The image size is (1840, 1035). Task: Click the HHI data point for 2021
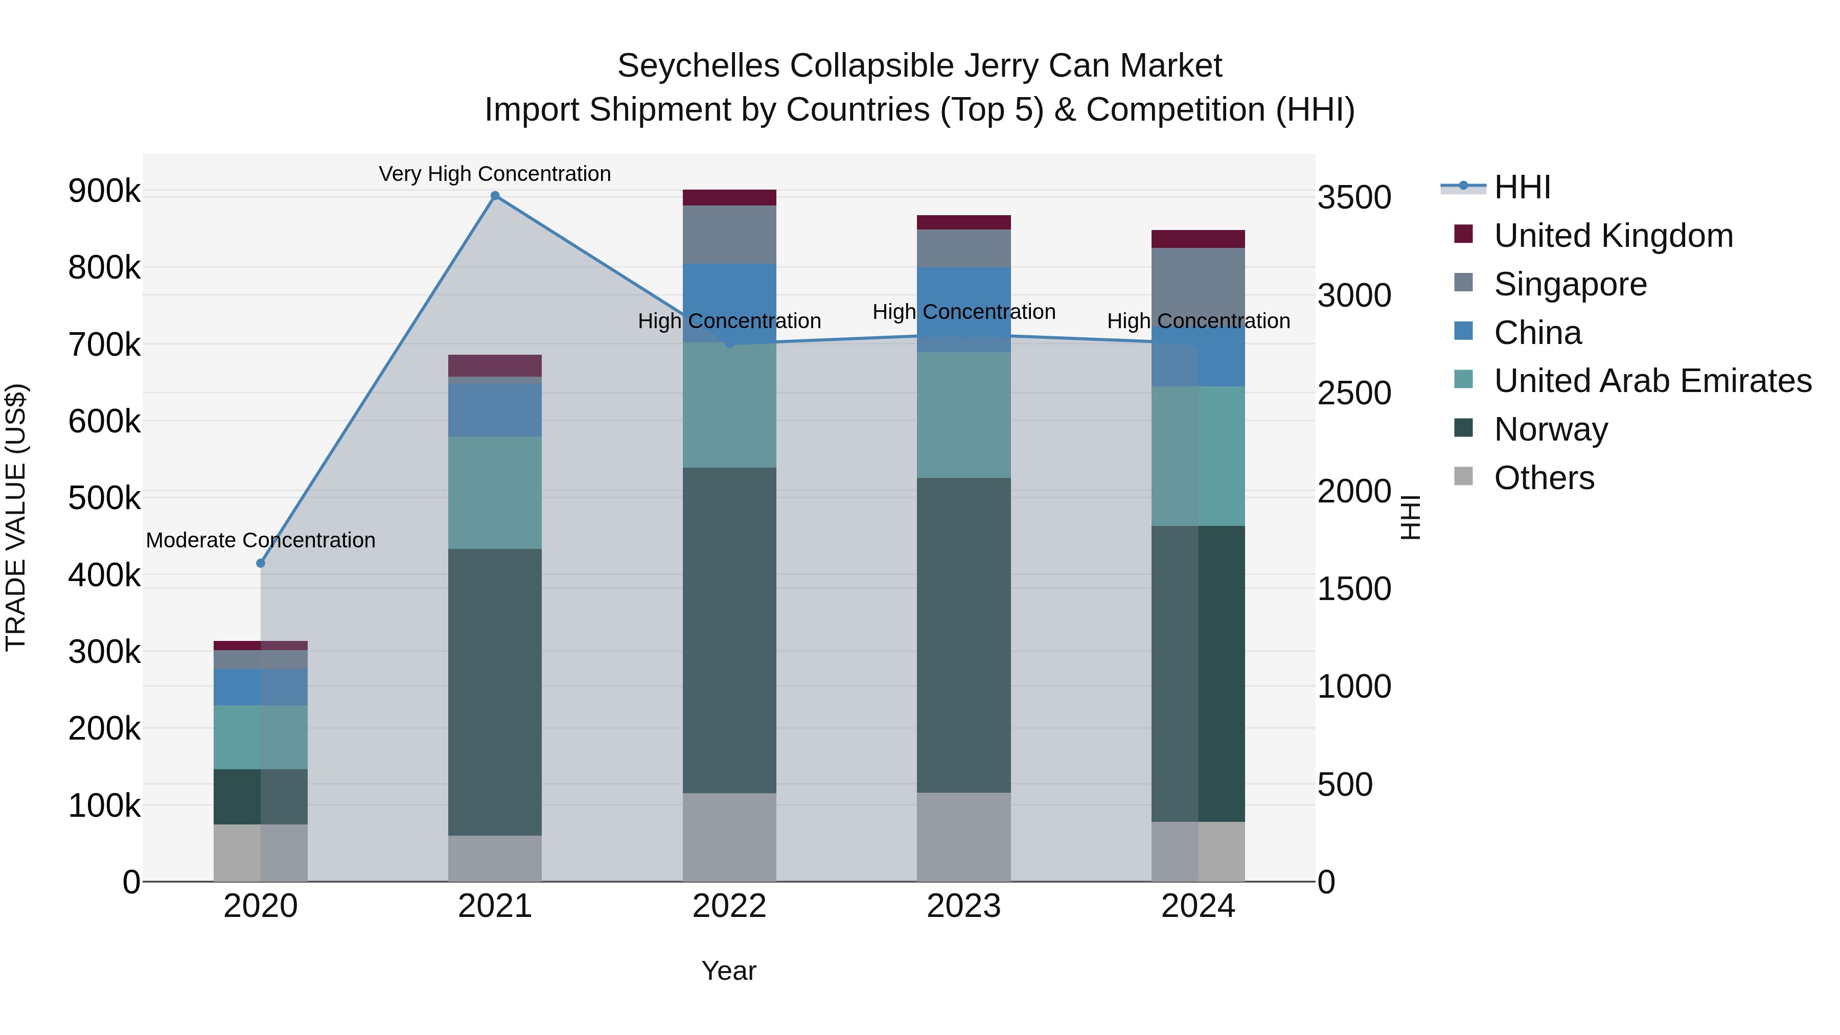tap(495, 196)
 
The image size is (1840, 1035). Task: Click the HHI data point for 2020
tap(261, 563)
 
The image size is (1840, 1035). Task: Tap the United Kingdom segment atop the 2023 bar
tap(963, 222)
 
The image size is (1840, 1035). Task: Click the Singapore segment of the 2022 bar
tap(729, 234)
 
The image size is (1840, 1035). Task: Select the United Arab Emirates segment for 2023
tap(963, 415)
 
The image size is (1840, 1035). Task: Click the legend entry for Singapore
tap(1570, 284)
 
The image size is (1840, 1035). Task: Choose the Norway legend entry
tap(1551, 429)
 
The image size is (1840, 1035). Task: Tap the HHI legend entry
tap(1522, 187)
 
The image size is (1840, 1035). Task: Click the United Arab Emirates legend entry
tap(1652, 381)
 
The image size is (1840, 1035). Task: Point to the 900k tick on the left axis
tap(104, 192)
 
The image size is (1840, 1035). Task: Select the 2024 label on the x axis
tap(1198, 906)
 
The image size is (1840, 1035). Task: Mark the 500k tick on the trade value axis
tap(104, 498)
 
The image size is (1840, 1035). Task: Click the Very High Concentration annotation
tap(495, 174)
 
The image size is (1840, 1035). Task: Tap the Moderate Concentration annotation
tap(261, 540)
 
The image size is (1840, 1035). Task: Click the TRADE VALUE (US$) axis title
tap(16, 517)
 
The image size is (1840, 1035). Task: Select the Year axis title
tap(728, 971)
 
